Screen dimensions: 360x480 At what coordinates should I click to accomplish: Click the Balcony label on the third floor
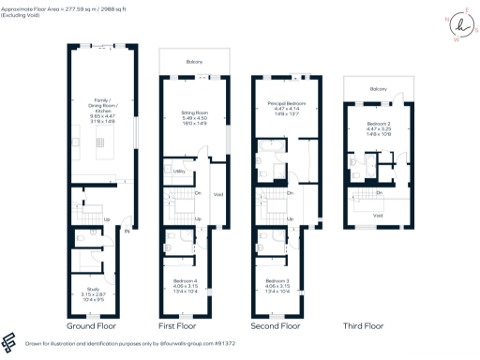click(378, 88)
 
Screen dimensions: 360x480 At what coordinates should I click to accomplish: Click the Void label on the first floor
click(217, 195)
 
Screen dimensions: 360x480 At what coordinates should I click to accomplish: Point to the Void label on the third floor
click(377, 216)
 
